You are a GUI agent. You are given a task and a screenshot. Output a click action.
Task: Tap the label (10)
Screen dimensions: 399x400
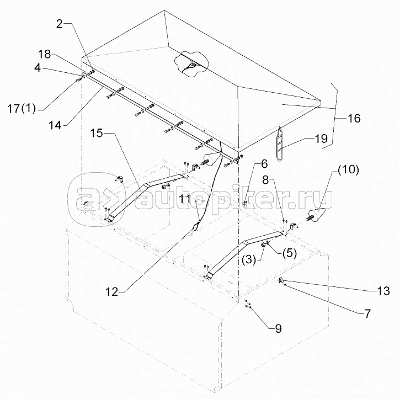[x=348, y=170]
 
